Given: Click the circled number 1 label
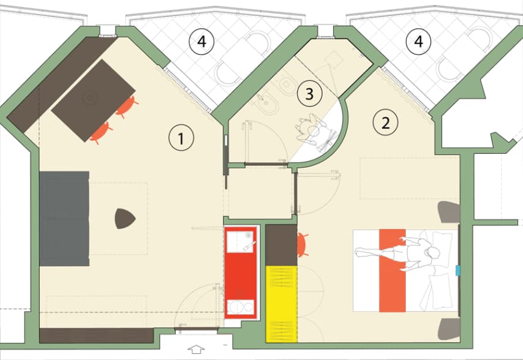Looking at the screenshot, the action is (x=181, y=138).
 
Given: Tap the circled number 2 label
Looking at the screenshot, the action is (x=386, y=122).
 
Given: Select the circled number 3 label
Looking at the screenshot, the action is (x=309, y=94).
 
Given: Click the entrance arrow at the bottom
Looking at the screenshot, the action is (x=196, y=350).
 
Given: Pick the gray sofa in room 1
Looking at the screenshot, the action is (x=64, y=219).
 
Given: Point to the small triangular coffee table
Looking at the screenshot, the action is (x=125, y=219).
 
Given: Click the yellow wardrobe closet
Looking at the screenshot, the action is (x=281, y=304).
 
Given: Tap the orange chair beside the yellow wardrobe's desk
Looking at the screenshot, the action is (x=302, y=245).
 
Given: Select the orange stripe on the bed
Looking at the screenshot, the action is (x=392, y=271).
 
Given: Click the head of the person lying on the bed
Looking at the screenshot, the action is (x=433, y=252).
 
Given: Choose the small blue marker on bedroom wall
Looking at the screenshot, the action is (x=458, y=271).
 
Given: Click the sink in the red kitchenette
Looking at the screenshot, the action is (x=241, y=241).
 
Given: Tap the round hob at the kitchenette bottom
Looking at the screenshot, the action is (x=236, y=307).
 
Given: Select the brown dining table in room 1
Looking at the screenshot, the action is (x=93, y=100).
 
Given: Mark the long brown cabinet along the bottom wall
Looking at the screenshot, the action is (x=96, y=336).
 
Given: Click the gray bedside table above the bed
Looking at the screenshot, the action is (x=450, y=212).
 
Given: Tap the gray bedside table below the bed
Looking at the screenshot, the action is (x=450, y=329).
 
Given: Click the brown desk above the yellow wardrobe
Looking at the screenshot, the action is (x=281, y=245).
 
